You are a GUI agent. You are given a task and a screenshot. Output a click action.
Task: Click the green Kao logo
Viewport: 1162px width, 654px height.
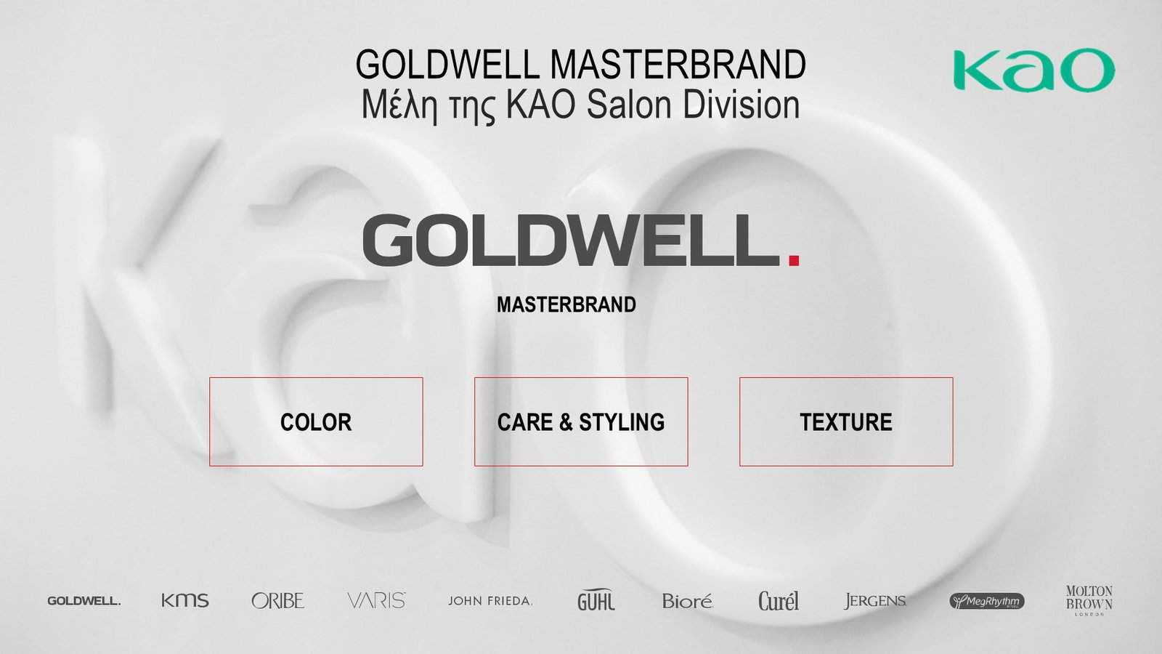click(x=1034, y=70)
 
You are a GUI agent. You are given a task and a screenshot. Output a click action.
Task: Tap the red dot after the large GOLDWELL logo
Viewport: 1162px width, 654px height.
click(x=794, y=259)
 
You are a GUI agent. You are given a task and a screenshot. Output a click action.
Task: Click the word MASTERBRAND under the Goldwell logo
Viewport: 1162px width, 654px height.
click(x=566, y=304)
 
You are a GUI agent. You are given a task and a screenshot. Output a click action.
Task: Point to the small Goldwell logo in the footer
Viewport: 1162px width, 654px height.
click(x=84, y=601)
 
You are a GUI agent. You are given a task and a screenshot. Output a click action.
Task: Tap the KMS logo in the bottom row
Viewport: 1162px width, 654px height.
click(x=185, y=600)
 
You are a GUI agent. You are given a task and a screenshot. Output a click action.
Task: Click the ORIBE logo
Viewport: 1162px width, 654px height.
click(x=278, y=600)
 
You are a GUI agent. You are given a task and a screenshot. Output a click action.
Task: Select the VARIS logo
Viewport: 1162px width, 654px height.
click(x=377, y=600)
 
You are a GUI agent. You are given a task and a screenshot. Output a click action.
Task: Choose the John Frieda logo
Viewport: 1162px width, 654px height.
click(x=490, y=601)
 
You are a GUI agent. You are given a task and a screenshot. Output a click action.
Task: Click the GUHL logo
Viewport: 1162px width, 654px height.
click(x=596, y=600)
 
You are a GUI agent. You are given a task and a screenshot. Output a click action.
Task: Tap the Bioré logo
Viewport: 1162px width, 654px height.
click(x=687, y=600)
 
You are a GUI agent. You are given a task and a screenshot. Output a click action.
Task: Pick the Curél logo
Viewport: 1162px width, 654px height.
click(x=778, y=600)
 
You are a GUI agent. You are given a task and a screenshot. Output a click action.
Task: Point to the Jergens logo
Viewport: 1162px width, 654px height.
click(x=875, y=600)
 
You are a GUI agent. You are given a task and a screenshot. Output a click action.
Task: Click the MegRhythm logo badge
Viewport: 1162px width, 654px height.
click(x=987, y=601)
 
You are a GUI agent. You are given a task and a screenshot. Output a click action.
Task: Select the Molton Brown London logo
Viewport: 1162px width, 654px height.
click(x=1089, y=600)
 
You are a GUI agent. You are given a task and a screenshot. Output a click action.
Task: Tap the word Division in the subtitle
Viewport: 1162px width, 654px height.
click(x=741, y=105)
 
